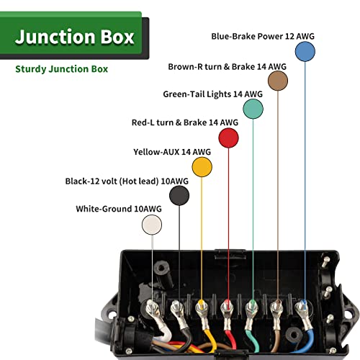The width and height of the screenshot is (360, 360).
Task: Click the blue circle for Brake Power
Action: tap(305, 51)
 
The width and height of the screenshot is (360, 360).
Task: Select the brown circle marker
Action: tap(278, 81)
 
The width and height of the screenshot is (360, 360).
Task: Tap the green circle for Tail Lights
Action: tap(253, 108)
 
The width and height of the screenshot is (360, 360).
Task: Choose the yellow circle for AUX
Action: tap(202, 166)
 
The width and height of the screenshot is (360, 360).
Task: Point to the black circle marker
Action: tap(179, 195)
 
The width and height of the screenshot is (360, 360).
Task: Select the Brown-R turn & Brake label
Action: tap(228, 66)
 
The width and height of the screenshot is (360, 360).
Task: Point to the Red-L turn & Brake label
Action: tap(185, 122)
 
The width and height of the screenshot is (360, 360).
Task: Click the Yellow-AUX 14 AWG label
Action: tap(172, 152)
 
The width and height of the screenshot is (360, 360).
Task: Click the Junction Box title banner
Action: tap(75, 37)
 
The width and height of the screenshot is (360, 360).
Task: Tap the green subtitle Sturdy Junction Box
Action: tap(62, 70)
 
